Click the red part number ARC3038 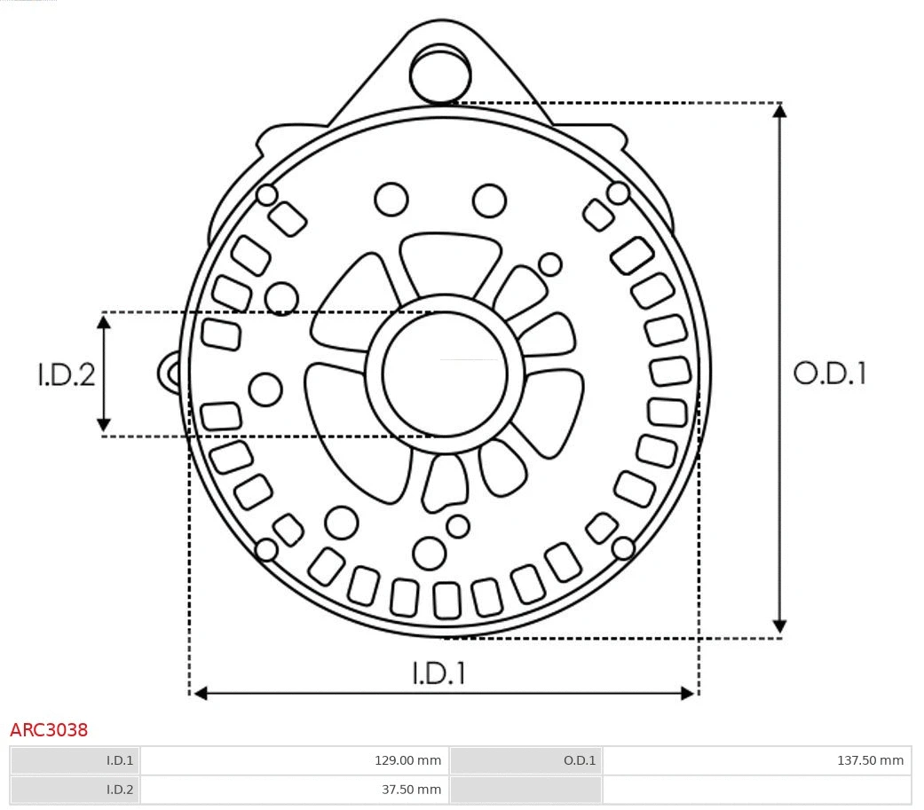(49, 730)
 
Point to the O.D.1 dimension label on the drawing (829, 374)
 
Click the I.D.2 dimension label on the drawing (66, 374)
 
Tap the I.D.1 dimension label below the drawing (438, 673)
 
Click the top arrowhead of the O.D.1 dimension (779, 111)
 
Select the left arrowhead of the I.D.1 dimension (201, 693)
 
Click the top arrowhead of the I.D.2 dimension (104, 321)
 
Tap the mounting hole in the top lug (438, 73)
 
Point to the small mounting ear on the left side (170, 373)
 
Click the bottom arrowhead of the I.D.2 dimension (104, 425)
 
